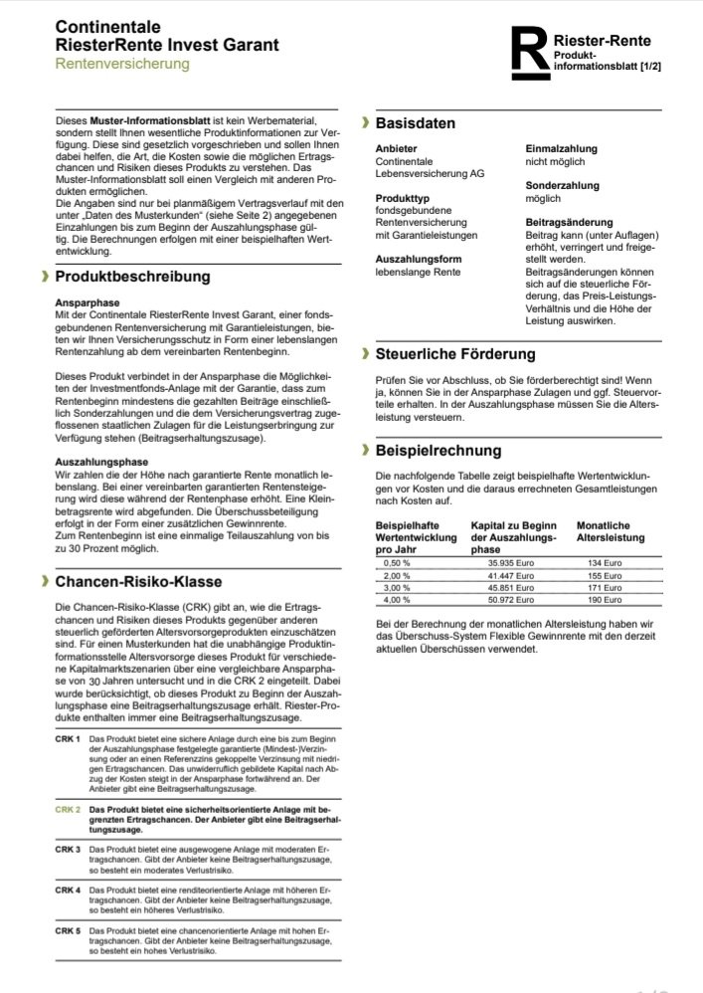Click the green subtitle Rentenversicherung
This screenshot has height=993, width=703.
pyautogui.click(x=121, y=64)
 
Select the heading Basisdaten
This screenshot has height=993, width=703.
pyautogui.click(x=415, y=123)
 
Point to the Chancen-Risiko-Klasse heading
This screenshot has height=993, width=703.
pyautogui.click(x=138, y=581)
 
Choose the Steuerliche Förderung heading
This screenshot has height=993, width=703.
pyautogui.click(x=455, y=353)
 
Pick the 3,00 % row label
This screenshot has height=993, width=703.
pyautogui.click(x=397, y=588)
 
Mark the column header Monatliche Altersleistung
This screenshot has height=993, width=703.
pyautogui.click(x=611, y=530)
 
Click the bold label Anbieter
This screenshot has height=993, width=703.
pyautogui.click(x=396, y=148)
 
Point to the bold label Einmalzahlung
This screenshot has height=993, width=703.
pyautogui.click(x=563, y=148)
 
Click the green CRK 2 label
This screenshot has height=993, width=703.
pyautogui.click(x=68, y=810)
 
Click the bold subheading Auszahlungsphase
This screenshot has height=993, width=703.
pyautogui.click(x=100, y=462)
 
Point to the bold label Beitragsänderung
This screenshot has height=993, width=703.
pyautogui.click(x=569, y=222)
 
